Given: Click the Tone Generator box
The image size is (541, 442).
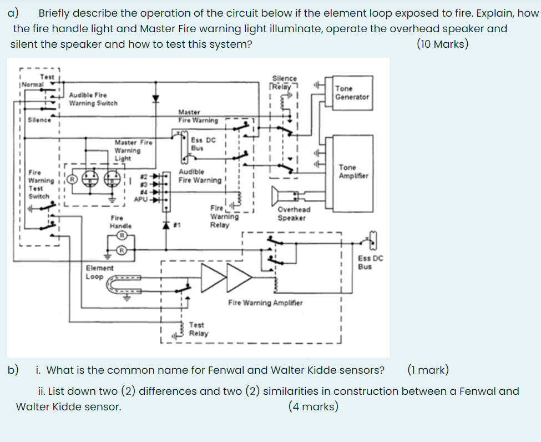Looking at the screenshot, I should click(x=351, y=92).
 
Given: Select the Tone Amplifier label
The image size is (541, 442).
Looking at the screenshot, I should click(x=353, y=171).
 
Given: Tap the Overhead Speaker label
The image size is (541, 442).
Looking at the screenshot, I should click(x=294, y=214).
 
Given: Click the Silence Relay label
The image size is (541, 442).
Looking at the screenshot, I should click(x=285, y=82).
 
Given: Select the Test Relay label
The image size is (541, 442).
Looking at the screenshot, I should click(x=198, y=329).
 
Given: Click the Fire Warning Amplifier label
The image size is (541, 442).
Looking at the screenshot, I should click(x=265, y=303).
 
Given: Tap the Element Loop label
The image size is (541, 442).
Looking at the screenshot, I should click(x=100, y=272).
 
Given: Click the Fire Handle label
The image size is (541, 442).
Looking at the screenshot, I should click(x=120, y=222).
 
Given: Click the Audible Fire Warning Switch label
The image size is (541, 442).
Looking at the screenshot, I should click(x=93, y=99).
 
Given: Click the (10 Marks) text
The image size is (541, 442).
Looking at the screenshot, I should click(x=442, y=44).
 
